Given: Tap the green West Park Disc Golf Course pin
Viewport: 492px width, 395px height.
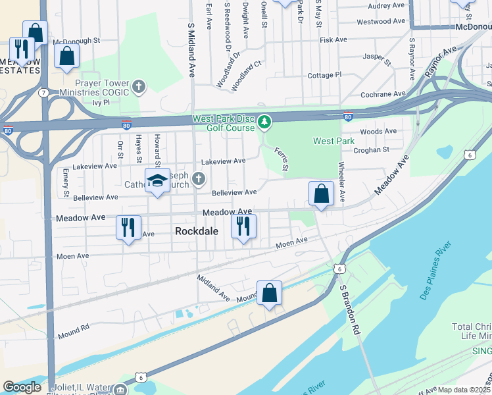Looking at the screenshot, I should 264,122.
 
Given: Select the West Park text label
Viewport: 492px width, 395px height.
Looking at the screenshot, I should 333,141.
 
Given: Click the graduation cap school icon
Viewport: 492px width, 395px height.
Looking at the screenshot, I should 157,181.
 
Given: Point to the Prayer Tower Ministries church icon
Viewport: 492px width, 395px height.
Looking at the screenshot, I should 139,86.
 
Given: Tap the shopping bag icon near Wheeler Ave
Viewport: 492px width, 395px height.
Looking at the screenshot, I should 322,194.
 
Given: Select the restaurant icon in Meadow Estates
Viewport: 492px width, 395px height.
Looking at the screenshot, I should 21,49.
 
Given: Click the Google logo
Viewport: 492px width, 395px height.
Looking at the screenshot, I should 22,387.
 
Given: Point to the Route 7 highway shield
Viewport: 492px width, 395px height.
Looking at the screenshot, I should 42,93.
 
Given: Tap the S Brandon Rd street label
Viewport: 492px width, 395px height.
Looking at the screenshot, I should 348,309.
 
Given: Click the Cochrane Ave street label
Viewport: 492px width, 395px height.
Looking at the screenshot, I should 384,94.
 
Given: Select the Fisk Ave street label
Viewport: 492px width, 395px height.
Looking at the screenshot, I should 333,40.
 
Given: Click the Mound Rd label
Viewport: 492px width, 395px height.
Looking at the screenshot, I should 76,327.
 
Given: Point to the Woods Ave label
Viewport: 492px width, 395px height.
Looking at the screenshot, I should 378,132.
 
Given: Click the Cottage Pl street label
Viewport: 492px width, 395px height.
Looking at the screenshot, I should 324,75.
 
